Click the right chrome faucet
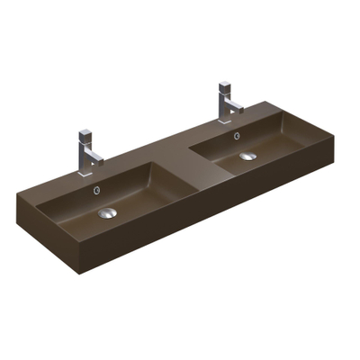[x=226, y=100]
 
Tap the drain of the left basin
[x=107, y=212]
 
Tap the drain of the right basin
[x=247, y=157]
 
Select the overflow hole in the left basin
[x=96, y=191]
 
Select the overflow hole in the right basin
[x=236, y=137]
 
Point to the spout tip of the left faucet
[x=99, y=162]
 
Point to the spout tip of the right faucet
[x=240, y=109]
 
